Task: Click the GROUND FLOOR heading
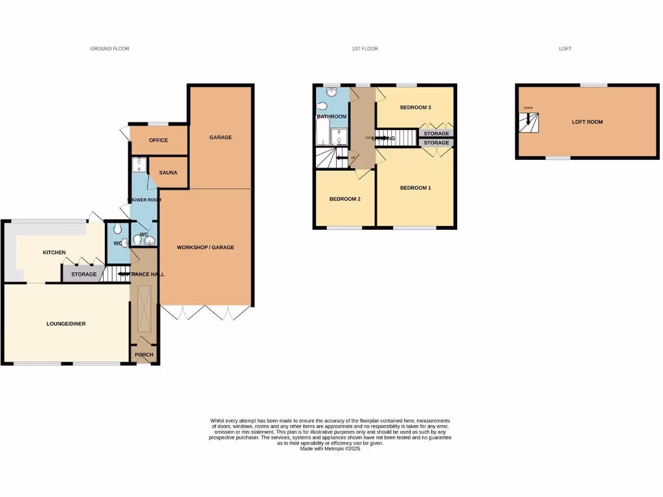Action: [109, 49]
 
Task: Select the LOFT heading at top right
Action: [565, 49]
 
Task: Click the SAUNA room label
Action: [168, 173]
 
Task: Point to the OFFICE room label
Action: [158, 140]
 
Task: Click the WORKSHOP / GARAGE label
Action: [205, 247]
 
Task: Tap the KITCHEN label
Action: [54, 252]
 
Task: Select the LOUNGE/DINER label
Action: [65, 324]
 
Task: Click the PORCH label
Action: [144, 355]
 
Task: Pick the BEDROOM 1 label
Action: [415, 188]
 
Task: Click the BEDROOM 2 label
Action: [344, 199]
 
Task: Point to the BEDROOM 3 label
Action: [415, 107]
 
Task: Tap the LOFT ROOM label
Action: [587, 122]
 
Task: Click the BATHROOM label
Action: [331, 116]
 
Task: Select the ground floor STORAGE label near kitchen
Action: [84, 274]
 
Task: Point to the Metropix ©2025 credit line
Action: [330, 448]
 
